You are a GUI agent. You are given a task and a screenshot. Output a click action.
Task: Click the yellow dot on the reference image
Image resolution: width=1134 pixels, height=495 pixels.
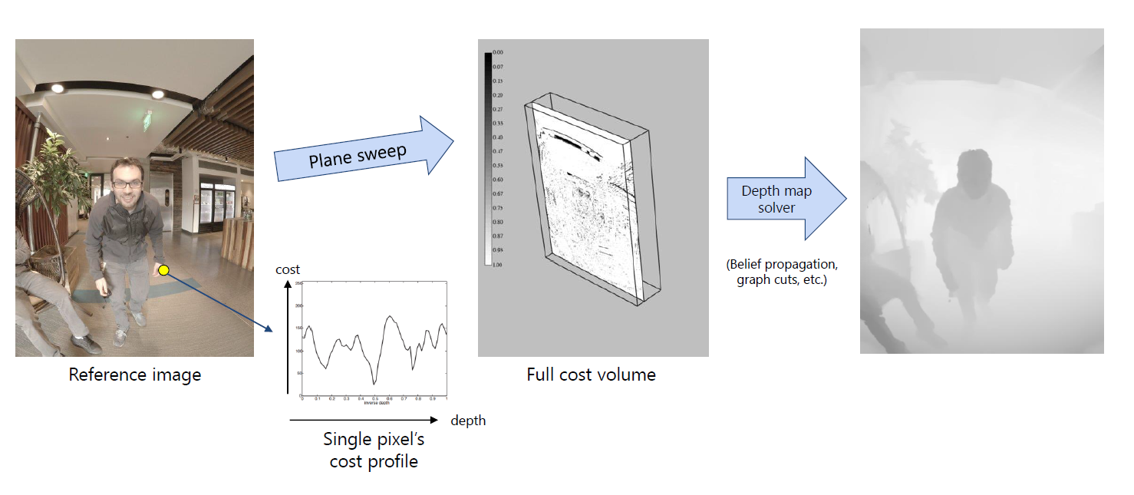(163, 269)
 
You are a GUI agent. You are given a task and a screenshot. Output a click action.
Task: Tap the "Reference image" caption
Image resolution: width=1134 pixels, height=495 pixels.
(135, 375)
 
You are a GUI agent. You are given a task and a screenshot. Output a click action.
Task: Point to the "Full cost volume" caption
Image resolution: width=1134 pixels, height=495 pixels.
(591, 375)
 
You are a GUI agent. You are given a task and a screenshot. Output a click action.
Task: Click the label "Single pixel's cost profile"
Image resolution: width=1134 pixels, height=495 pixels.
(374, 450)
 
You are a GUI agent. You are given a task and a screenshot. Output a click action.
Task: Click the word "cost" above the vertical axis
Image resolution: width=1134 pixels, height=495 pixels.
(288, 269)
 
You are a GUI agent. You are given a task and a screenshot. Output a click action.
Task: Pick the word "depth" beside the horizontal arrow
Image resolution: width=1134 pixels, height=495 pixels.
(468, 421)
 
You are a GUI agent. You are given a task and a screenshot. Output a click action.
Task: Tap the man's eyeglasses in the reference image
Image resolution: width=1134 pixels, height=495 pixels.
(126, 183)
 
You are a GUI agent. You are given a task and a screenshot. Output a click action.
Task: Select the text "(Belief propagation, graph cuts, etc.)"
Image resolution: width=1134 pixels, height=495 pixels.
(782, 272)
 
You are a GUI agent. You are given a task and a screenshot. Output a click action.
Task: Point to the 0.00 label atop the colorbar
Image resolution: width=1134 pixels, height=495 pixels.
(498, 52)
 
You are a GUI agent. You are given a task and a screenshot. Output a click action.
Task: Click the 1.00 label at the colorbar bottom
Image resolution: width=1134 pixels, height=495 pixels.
(498, 264)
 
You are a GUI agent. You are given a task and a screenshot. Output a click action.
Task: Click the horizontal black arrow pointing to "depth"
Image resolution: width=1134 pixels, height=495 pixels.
(364, 421)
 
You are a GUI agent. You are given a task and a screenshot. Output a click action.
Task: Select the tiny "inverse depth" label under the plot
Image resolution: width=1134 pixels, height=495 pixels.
(374, 403)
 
